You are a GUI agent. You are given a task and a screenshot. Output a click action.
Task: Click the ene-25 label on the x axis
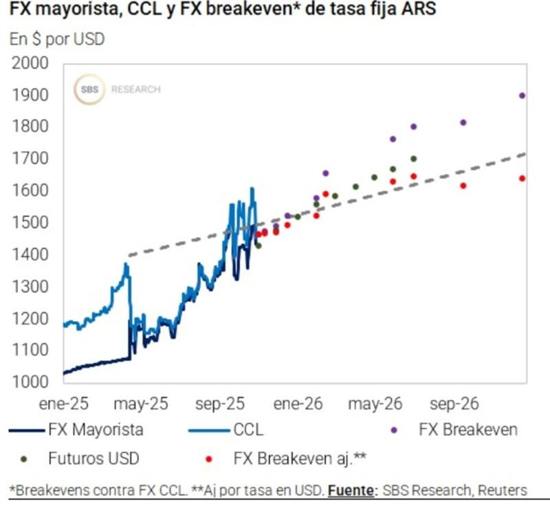point(63,403)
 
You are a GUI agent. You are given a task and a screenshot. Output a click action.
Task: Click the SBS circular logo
point(89,89)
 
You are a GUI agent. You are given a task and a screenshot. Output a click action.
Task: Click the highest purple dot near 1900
point(522,96)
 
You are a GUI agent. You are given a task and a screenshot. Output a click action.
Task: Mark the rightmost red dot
point(522,179)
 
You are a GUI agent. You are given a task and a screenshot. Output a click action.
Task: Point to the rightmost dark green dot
point(414,159)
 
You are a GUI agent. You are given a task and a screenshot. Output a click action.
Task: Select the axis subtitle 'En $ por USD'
point(57,39)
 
